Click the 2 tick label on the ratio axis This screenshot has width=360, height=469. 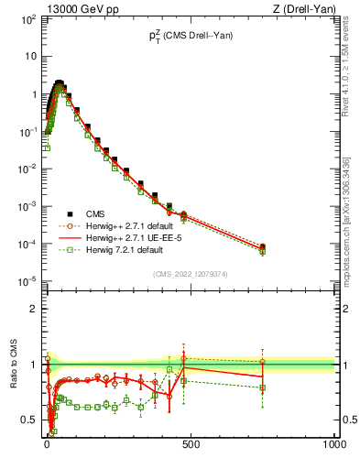33,309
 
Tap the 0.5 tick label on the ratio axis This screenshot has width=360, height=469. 29,420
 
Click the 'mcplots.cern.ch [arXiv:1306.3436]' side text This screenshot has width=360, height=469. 345,215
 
